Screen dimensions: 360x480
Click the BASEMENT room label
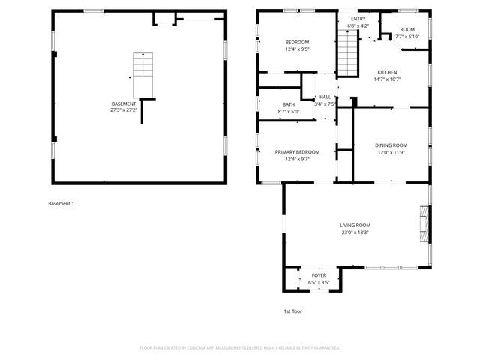(x=124, y=103)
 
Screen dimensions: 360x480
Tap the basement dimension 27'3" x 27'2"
(x=124, y=109)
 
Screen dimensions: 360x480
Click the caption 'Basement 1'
(x=61, y=204)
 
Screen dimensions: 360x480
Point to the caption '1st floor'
(x=292, y=311)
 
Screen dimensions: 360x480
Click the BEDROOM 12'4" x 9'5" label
(x=298, y=42)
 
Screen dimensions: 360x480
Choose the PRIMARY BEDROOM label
(x=298, y=152)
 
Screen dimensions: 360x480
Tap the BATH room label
(x=289, y=104)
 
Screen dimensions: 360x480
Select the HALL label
(x=325, y=97)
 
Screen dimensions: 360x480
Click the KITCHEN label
(x=387, y=72)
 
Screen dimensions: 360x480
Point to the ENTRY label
(x=358, y=19)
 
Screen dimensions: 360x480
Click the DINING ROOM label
(x=391, y=145)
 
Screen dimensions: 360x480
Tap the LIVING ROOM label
(x=355, y=225)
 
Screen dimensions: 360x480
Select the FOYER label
(x=319, y=275)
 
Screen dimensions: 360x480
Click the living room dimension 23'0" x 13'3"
(x=355, y=232)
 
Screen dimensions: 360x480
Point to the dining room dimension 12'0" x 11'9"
(x=391, y=151)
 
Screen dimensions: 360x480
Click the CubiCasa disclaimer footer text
(x=240, y=347)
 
